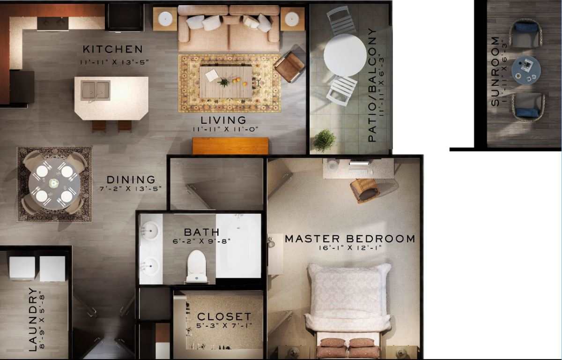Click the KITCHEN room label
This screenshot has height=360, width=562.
pos(112,49)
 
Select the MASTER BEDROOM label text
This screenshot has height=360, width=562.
pos(350,239)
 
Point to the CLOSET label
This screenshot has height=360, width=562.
pos(224,316)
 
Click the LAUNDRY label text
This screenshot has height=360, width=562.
pos(33,319)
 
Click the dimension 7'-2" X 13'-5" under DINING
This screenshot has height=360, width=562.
pos(131,189)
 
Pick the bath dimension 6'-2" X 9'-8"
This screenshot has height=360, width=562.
pos(201,241)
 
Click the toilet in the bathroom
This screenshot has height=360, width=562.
pos(197,266)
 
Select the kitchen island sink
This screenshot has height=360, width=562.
pos(96,90)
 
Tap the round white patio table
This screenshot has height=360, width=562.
pos(345,55)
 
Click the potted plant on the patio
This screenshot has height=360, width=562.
pos(324,140)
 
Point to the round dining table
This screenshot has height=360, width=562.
pos(54,183)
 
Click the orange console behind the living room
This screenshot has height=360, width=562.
pos(230,146)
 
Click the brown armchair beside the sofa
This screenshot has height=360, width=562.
pos(289,66)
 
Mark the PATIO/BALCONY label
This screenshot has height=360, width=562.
pos(372,85)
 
